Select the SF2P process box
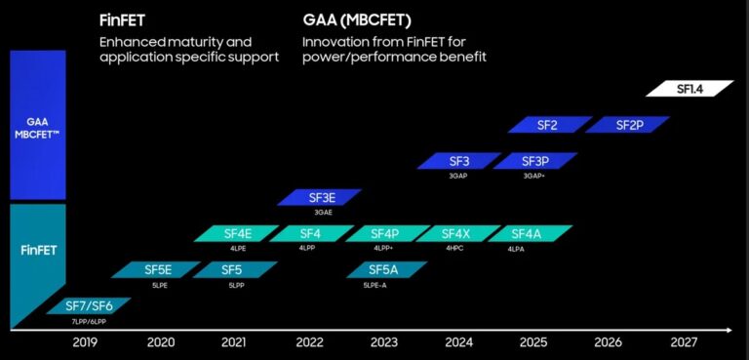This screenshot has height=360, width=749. click(x=627, y=125)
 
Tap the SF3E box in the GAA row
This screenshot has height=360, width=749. click(x=320, y=197)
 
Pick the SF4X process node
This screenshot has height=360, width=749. click(x=455, y=233)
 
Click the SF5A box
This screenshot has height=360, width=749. click(x=383, y=269)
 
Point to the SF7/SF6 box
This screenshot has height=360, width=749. click(x=88, y=305)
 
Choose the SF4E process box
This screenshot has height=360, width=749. click(x=237, y=233)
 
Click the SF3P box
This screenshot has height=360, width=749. click(x=533, y=161)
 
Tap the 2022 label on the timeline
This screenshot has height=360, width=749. click(x=309, y=342)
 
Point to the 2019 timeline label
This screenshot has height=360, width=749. click(x=85, y=342)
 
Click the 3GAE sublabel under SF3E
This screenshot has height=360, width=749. click(x=324, y=212)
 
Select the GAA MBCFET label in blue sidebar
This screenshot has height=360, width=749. click(x=37, y=127)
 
